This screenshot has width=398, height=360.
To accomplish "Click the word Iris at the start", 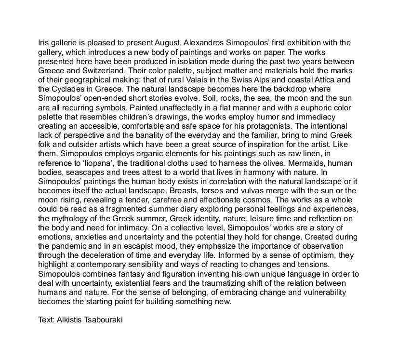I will click(x=44, y=42).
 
